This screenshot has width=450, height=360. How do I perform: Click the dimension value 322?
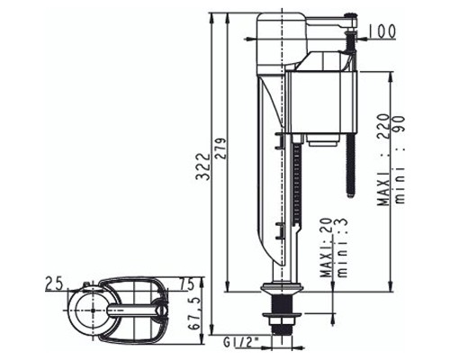point(202,166)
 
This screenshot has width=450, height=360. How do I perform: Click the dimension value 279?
point(220,148)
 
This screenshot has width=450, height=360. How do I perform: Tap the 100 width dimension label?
point(382,31)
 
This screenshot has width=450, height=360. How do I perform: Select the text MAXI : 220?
point(384,159)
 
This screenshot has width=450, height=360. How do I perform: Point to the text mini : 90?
point(400,159)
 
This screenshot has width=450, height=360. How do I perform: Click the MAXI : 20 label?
point(326,247)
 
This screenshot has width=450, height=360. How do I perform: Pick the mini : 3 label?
point(341,247)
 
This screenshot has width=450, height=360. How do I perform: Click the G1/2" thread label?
point(238,342)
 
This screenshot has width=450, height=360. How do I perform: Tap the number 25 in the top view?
point(54,283)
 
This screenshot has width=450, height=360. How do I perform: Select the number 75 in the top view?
point(186,283)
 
